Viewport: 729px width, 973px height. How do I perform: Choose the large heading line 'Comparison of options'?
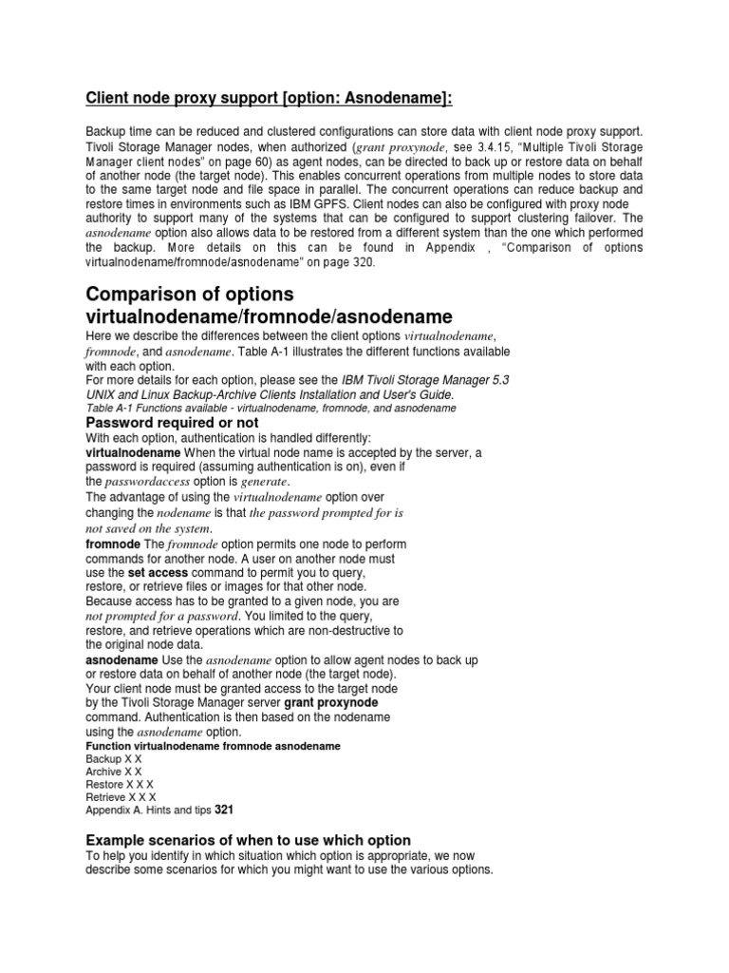point(190,294)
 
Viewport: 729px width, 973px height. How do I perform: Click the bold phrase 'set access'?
point(158,574)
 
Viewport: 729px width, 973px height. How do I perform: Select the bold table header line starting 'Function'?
point(213,747)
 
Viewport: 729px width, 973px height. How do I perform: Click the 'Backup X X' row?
point(114,760)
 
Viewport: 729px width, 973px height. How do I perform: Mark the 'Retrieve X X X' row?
point(121,797)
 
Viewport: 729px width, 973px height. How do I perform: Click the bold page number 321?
point(224,811)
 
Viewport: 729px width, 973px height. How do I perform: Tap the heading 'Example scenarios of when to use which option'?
point(249,840)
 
